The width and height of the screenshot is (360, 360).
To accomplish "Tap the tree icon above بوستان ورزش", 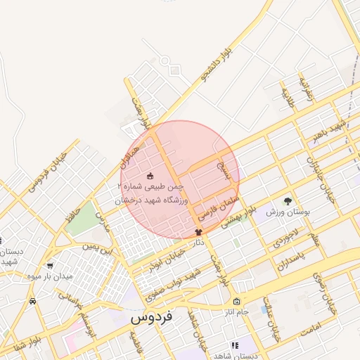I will (x=287, y=201).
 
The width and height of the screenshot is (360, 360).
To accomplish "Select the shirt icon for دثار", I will (x=198, y=231).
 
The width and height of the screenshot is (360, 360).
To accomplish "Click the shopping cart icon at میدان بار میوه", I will (x=49, y=266).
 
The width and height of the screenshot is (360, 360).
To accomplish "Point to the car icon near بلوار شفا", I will (x=33, y=301).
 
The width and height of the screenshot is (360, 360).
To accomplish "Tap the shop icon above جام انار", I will (x=236, y=301).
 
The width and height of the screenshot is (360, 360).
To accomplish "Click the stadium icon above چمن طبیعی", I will (x=149, y=175).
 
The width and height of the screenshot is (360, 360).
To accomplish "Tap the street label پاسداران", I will (x=293, y=258).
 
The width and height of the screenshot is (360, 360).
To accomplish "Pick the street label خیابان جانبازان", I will (x=317, y=170).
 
